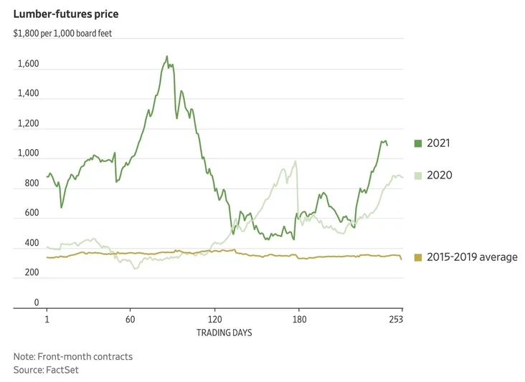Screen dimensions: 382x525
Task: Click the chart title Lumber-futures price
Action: coord(65,14)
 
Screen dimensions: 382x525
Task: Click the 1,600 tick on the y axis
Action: coord(29,63)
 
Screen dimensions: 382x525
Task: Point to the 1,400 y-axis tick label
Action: coord(29,93)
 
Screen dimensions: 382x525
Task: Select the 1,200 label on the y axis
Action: coord(29,123)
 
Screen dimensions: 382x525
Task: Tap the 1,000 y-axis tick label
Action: coord(29,153)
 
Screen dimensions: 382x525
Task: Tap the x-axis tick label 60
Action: coord(130,320)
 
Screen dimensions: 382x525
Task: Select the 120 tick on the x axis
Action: coord(214,320)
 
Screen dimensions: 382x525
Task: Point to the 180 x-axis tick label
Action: coord(299,320)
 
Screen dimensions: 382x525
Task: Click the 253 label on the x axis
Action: coord(397,320)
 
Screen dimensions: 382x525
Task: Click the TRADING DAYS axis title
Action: coord(224,333)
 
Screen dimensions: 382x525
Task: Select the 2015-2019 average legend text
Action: coord(472,257)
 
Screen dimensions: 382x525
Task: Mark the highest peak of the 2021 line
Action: coord(167,56)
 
